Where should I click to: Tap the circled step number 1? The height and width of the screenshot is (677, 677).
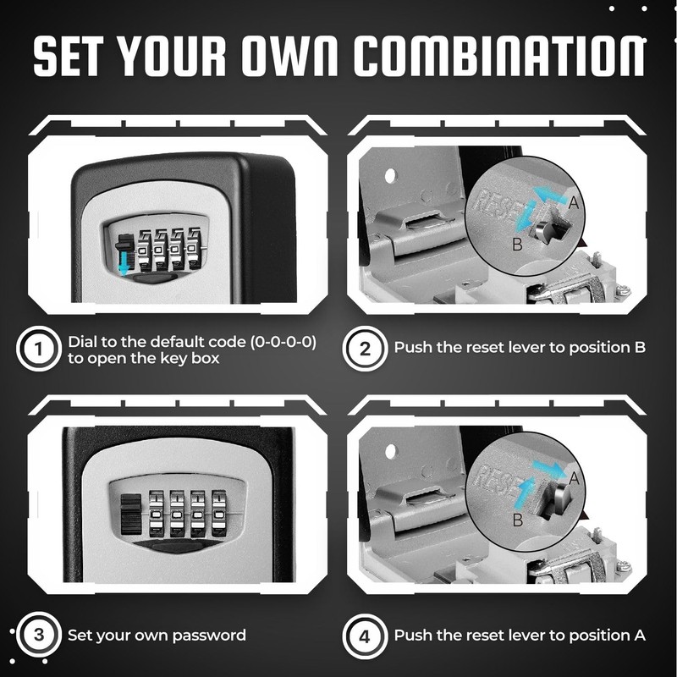pos(36,349)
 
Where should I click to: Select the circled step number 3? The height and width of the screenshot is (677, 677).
pos(36,635)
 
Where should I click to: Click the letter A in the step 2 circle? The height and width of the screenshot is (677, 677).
pos(574,203)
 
